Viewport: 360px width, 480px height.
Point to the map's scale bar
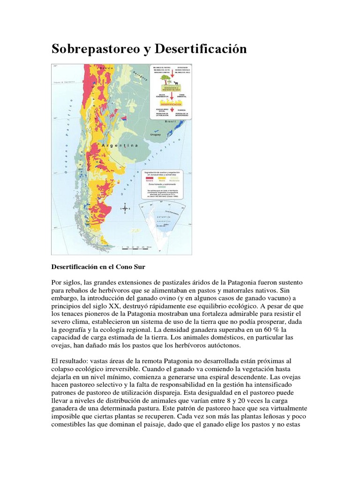point(136,247)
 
